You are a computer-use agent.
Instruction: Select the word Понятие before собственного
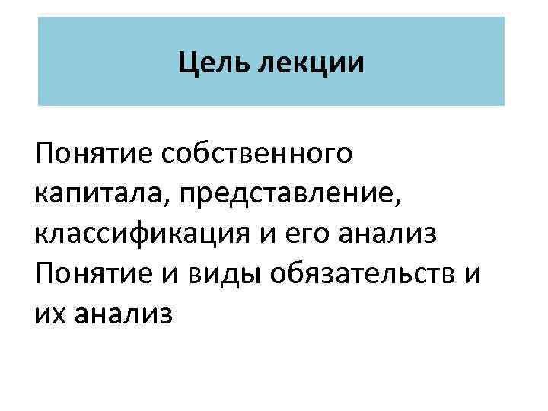tap(93, 154)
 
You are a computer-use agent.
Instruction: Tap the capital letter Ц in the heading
tap(187, 62)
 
